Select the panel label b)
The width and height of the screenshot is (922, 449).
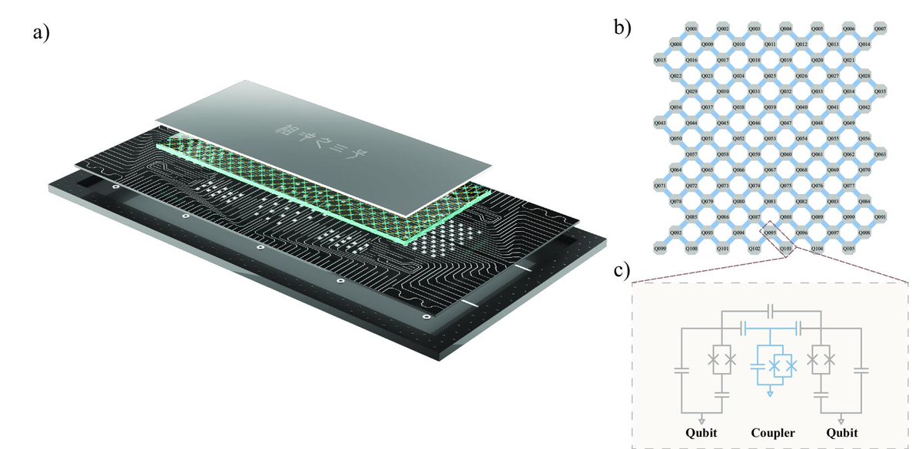[x=622, y=28]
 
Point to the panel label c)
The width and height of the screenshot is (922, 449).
[x=622, y=269]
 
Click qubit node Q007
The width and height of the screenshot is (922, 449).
[x=881, y=28]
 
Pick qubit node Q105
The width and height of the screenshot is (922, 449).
[x=849, y=249]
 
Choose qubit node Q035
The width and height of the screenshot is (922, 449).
[x=881, y=91]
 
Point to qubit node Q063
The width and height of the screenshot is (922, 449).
[x=881, y=154]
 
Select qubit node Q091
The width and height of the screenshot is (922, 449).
[x=881, y=217]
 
